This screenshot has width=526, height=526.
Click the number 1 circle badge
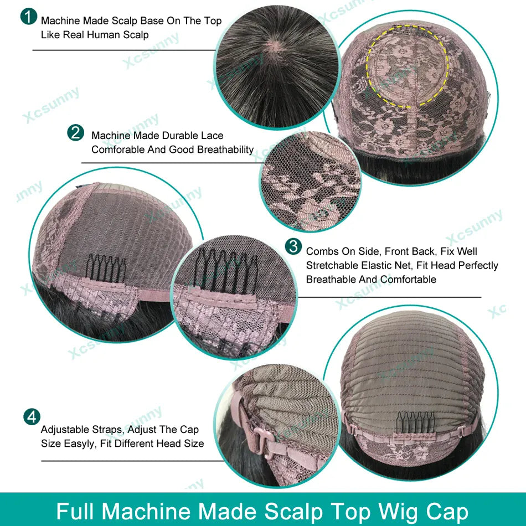click(28, 17)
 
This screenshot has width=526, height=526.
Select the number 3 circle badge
click(293, 246)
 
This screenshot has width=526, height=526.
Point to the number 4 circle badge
click(32, 417)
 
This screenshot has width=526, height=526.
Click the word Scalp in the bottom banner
click(293, 512)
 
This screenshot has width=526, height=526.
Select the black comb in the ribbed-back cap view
click(415, 422)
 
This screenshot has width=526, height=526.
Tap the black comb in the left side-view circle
click(105, 269)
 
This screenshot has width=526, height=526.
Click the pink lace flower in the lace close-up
click(311, 207)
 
